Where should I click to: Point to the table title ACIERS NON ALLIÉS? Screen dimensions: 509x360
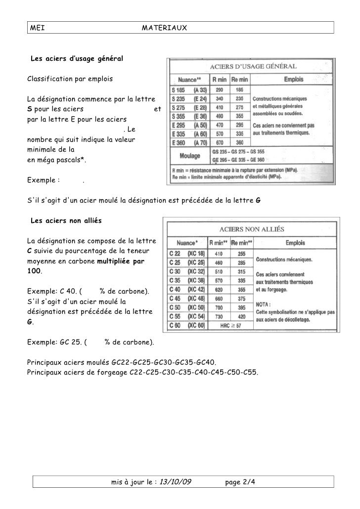251,229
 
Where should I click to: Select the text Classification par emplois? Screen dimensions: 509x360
69,79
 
